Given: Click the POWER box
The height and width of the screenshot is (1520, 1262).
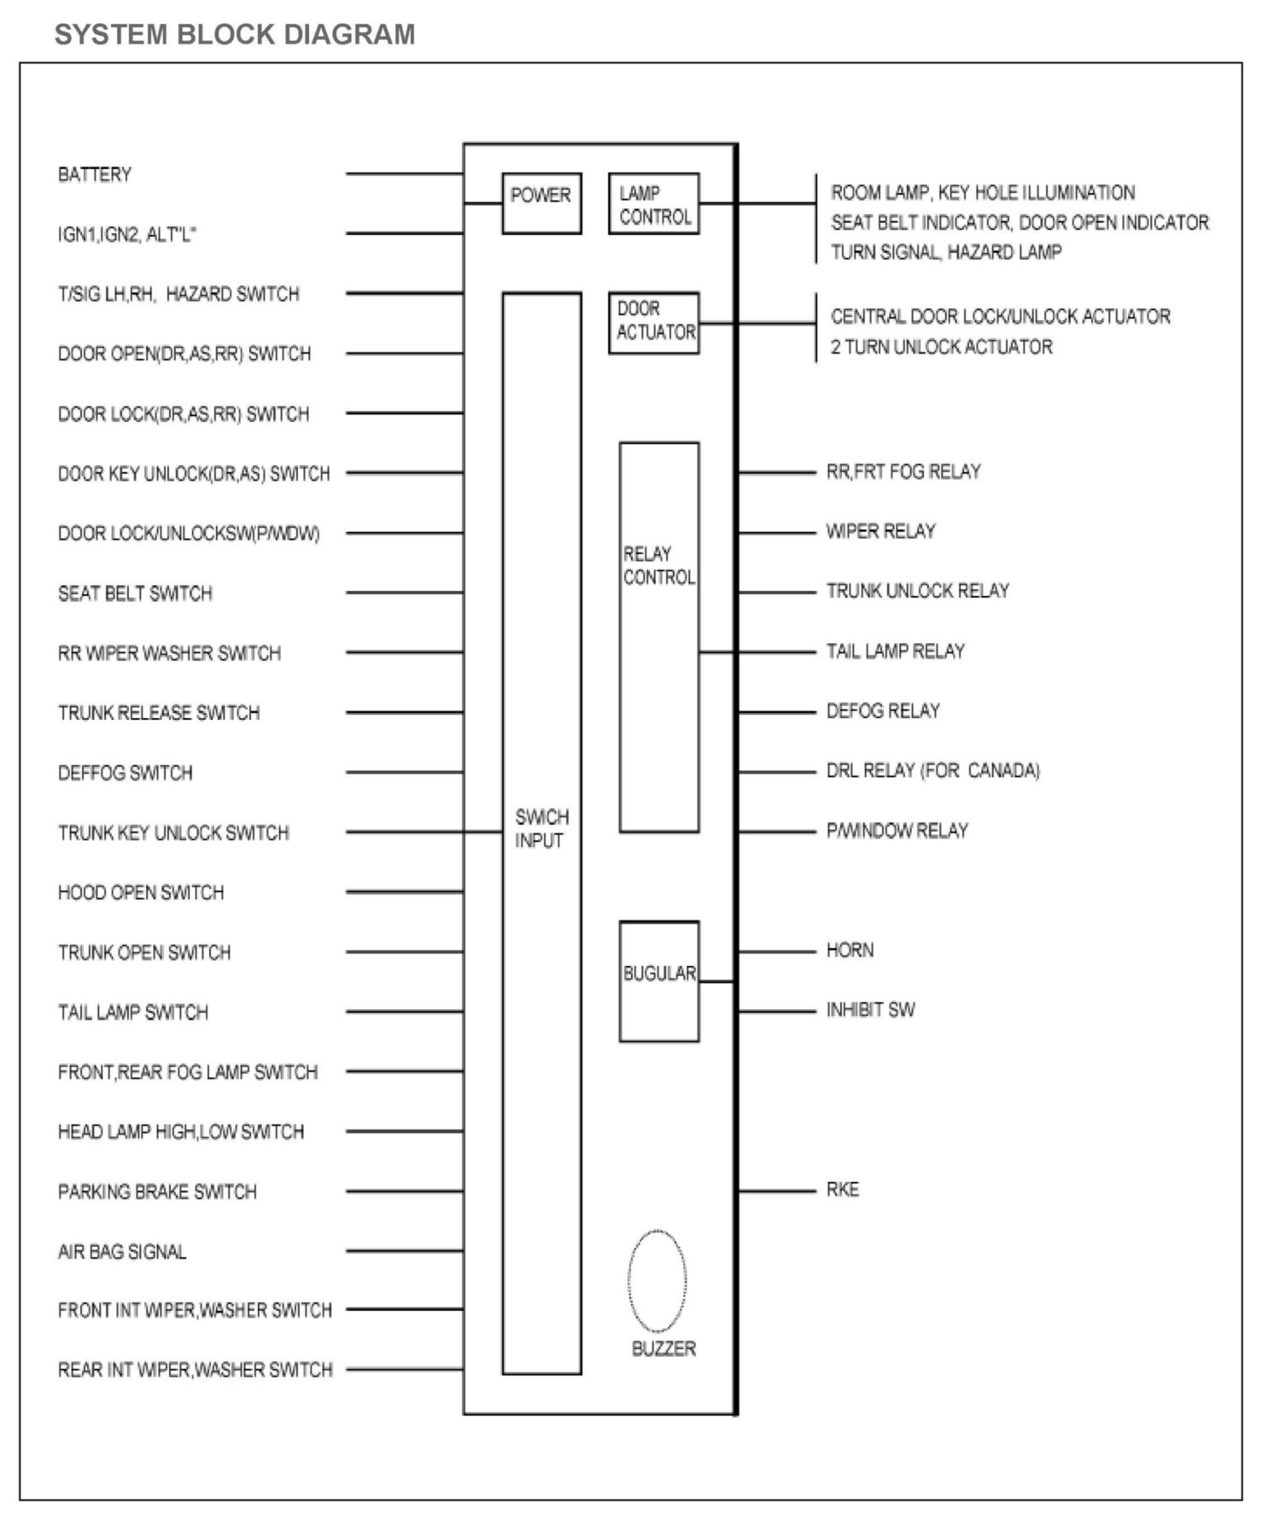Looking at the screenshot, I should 541,203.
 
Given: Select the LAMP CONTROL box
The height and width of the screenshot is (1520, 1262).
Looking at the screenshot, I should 654,204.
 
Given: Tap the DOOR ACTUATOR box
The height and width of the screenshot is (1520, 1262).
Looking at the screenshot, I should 654,323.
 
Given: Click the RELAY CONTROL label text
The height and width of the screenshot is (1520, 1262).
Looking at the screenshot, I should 658,565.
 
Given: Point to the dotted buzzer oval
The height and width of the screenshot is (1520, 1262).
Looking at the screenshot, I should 657,1280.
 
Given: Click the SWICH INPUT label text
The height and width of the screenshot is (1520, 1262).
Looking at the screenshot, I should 540,828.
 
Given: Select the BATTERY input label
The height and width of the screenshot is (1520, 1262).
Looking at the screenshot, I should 95,175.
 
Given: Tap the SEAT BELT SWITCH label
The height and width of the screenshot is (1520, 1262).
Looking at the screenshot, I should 135,593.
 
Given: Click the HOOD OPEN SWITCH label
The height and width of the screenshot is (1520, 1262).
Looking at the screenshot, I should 141,892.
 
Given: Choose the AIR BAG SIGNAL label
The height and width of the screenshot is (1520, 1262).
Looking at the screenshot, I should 122,1252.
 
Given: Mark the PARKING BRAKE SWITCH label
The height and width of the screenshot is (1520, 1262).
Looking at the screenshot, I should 157,1191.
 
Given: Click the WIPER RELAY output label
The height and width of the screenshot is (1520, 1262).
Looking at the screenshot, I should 880,531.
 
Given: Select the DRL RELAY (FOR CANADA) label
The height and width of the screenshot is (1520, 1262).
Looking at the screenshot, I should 932,770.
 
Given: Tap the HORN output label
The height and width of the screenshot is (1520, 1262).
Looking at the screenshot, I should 850,950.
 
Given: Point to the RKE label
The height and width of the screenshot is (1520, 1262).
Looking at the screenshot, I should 843,1190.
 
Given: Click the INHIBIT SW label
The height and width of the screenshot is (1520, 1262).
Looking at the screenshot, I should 870,1010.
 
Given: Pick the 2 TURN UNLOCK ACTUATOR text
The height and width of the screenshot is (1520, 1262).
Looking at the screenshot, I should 941,347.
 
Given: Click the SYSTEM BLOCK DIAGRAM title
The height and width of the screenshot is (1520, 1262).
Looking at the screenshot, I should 235,34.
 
